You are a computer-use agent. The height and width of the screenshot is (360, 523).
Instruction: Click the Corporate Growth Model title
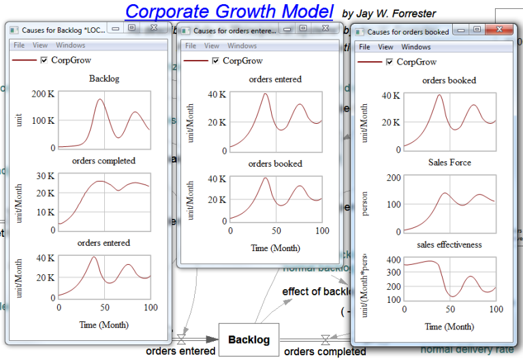229,11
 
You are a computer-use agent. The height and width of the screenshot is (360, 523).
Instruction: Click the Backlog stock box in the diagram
249,340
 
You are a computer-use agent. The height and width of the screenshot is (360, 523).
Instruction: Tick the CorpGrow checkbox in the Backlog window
44,60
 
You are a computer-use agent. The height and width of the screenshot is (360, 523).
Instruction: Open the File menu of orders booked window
364,47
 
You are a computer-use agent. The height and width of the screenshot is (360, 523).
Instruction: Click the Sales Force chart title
449,163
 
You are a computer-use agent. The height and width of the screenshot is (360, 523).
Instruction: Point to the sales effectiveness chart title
449,244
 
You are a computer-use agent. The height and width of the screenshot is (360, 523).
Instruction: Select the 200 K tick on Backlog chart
43,94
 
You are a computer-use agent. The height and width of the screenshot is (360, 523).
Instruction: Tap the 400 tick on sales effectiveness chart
393,260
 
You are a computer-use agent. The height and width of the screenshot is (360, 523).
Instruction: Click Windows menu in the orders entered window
242,46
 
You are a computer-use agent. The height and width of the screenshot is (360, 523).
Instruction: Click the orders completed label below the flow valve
324,352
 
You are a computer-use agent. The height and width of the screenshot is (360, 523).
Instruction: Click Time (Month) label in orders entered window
275,248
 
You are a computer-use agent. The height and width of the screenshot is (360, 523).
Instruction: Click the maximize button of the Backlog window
133,29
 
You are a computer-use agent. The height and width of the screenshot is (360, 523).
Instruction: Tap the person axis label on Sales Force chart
365,205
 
